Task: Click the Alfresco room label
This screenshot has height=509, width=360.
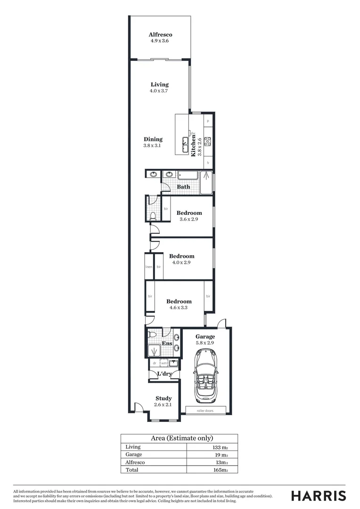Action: click(x=160, y=34)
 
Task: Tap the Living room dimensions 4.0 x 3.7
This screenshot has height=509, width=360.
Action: click(x=159, y=90)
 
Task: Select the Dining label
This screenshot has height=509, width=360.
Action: click(x=153, y=139)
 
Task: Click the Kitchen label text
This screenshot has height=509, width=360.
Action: click(x=193, y=146)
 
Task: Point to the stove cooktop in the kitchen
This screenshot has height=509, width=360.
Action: click(x=208, y=140)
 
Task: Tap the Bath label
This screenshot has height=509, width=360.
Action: click(x=183, y=187)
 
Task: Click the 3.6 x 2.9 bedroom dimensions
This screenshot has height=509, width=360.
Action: click(x=189, y=219)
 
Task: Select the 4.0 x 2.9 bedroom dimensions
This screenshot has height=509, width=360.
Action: click(x=181, y=263)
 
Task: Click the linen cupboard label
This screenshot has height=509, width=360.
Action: click(x=149, y=267)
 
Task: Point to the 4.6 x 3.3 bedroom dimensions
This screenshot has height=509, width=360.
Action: click(x=179, y=308)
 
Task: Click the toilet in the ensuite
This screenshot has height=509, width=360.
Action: click(x=152, y=335)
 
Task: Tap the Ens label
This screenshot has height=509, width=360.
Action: click(x=167, y=344)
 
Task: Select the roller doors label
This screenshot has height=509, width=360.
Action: click(x=205, y=411)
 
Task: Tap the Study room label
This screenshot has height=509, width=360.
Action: click(x=164, y=398)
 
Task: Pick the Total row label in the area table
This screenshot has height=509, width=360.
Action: click(x=132, y=470)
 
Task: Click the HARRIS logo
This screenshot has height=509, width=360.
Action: click(x=319, y=496)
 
